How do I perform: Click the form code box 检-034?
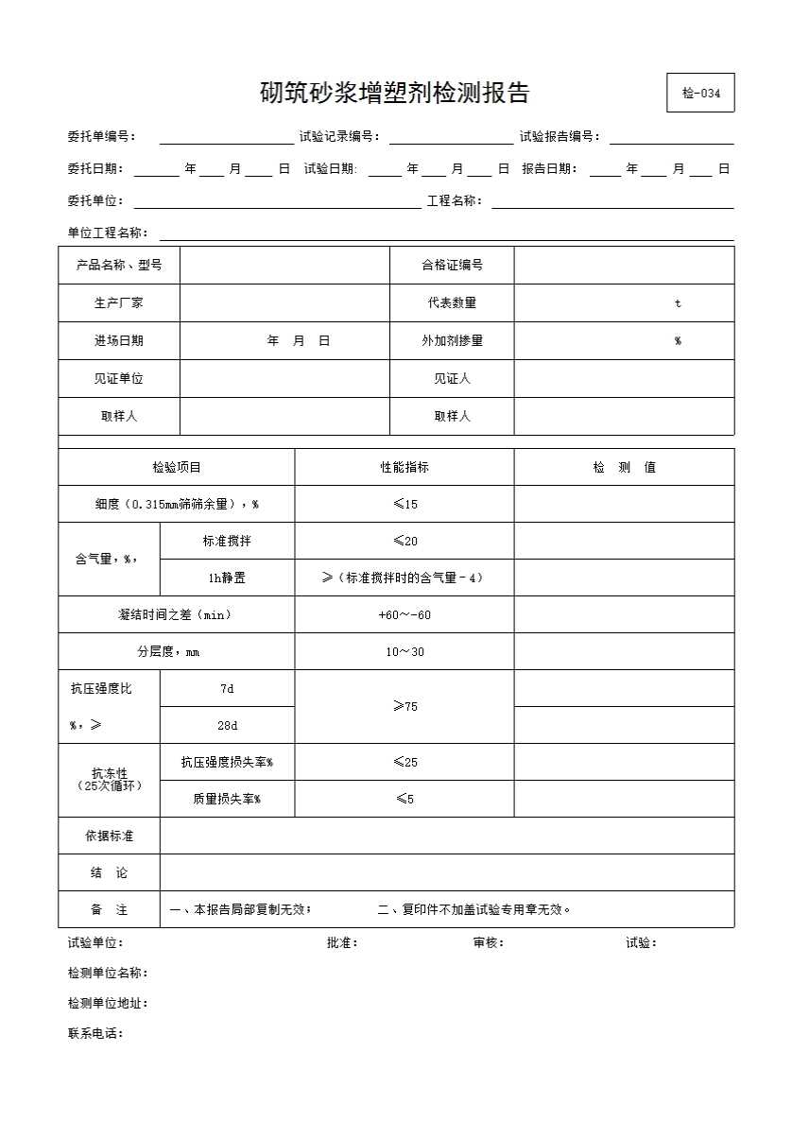pos(700,93)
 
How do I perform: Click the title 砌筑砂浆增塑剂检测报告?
pos(394,93)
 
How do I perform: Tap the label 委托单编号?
pos(101,136)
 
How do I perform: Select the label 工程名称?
pos(455,200)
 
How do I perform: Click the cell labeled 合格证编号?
pos(452,266)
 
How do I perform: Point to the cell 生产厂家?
pos(119,303)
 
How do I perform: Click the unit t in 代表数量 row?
pos(678,303)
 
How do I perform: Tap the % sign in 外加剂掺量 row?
pos(678,341)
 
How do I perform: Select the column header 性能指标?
pos(405,467)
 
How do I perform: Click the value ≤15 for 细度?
pos(405,504)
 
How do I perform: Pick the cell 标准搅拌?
pos(227,541)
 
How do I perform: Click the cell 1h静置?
pos(227,578)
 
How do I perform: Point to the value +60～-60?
pos(405,614)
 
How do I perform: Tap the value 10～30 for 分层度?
pos(405,652)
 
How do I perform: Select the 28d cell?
pos(227,725)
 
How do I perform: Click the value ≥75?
pos(405,706)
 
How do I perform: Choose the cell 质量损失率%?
pos(227,799)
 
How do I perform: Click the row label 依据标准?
pos(109,836)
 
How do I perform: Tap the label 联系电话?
pos(95,1033)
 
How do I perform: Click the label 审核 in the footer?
pos(488,942)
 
